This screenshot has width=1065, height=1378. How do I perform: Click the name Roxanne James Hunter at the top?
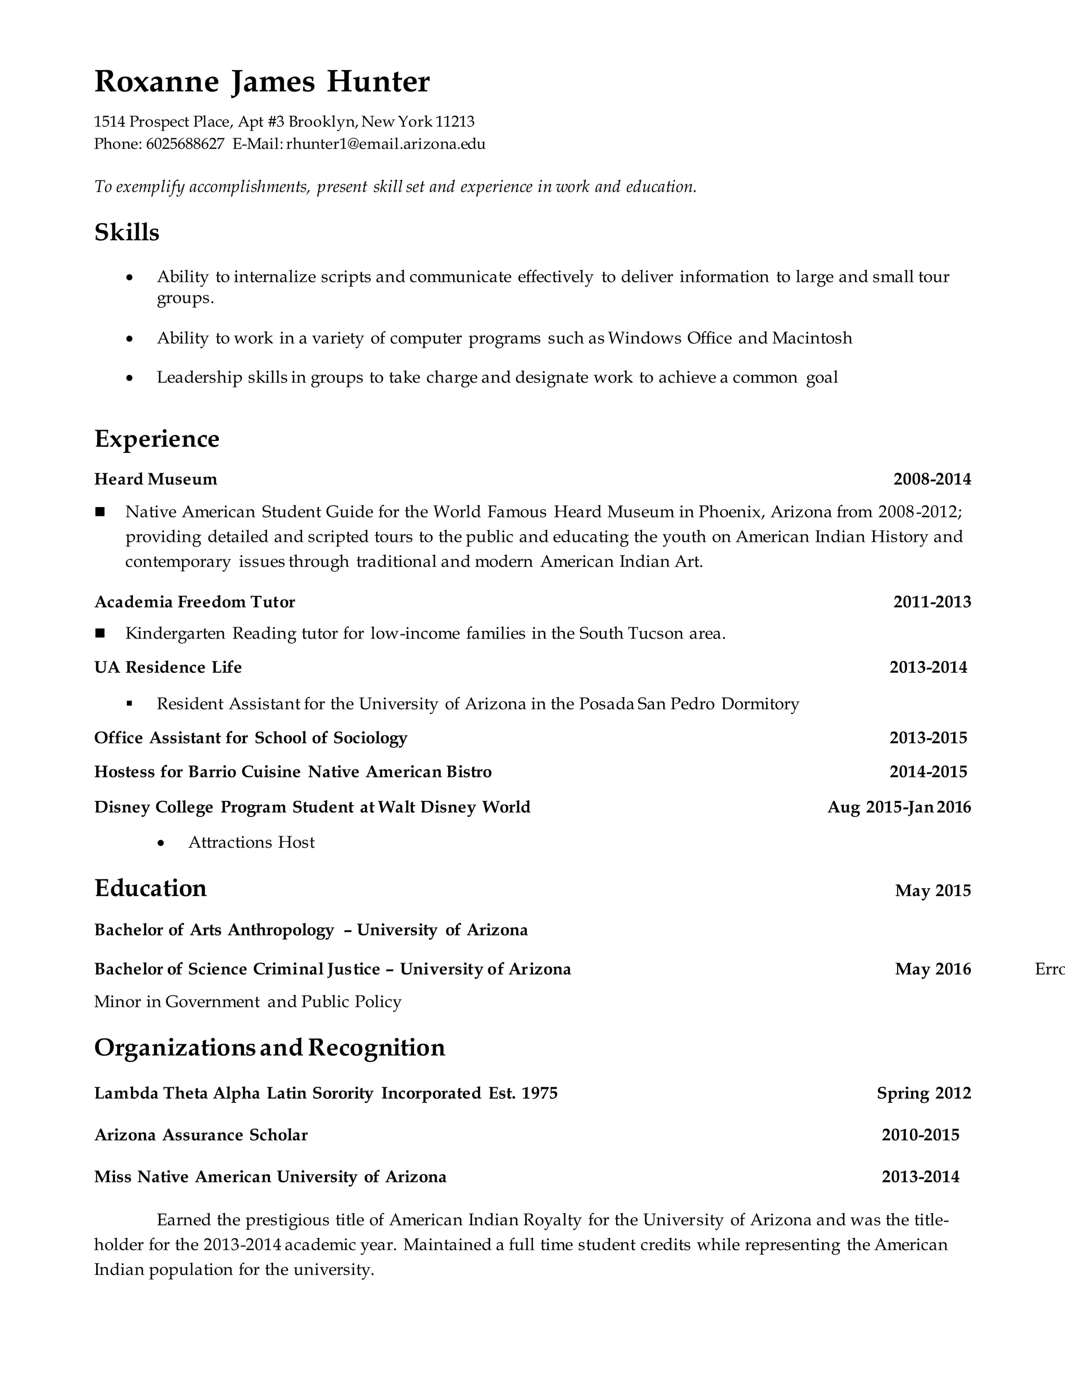tap(262, 82)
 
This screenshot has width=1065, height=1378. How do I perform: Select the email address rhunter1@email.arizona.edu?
tap(385, 144)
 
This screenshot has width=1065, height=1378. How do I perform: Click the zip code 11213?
tap(455, 121)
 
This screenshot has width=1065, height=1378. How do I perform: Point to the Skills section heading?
tap(127, 232)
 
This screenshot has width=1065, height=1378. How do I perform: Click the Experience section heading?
tap(157, 438)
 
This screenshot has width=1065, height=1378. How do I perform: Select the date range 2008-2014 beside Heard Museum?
tap(932, 479)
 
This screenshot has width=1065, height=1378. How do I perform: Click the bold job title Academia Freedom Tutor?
tap(194, 602)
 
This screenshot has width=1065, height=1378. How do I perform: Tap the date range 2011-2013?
tap(932, 602)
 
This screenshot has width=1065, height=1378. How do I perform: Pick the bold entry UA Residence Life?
tap(168, 668)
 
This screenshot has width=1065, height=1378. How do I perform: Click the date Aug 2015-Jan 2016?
tap(899, 808)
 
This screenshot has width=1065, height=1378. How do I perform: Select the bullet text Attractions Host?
tap(251, 842)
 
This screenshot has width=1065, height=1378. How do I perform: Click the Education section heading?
tap(150, 888)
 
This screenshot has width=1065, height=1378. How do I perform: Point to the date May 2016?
tap(932, 969)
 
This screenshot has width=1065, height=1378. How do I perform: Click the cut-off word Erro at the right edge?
tap(1049, 969)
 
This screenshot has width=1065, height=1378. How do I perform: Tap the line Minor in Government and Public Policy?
tap(248, 1002)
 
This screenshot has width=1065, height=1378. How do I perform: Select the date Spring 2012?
tap(924, 1094)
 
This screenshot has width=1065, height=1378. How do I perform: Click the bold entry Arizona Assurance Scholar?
tap(201, 1135)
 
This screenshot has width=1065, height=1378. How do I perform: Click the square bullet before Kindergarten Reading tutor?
tap(100, 633)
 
